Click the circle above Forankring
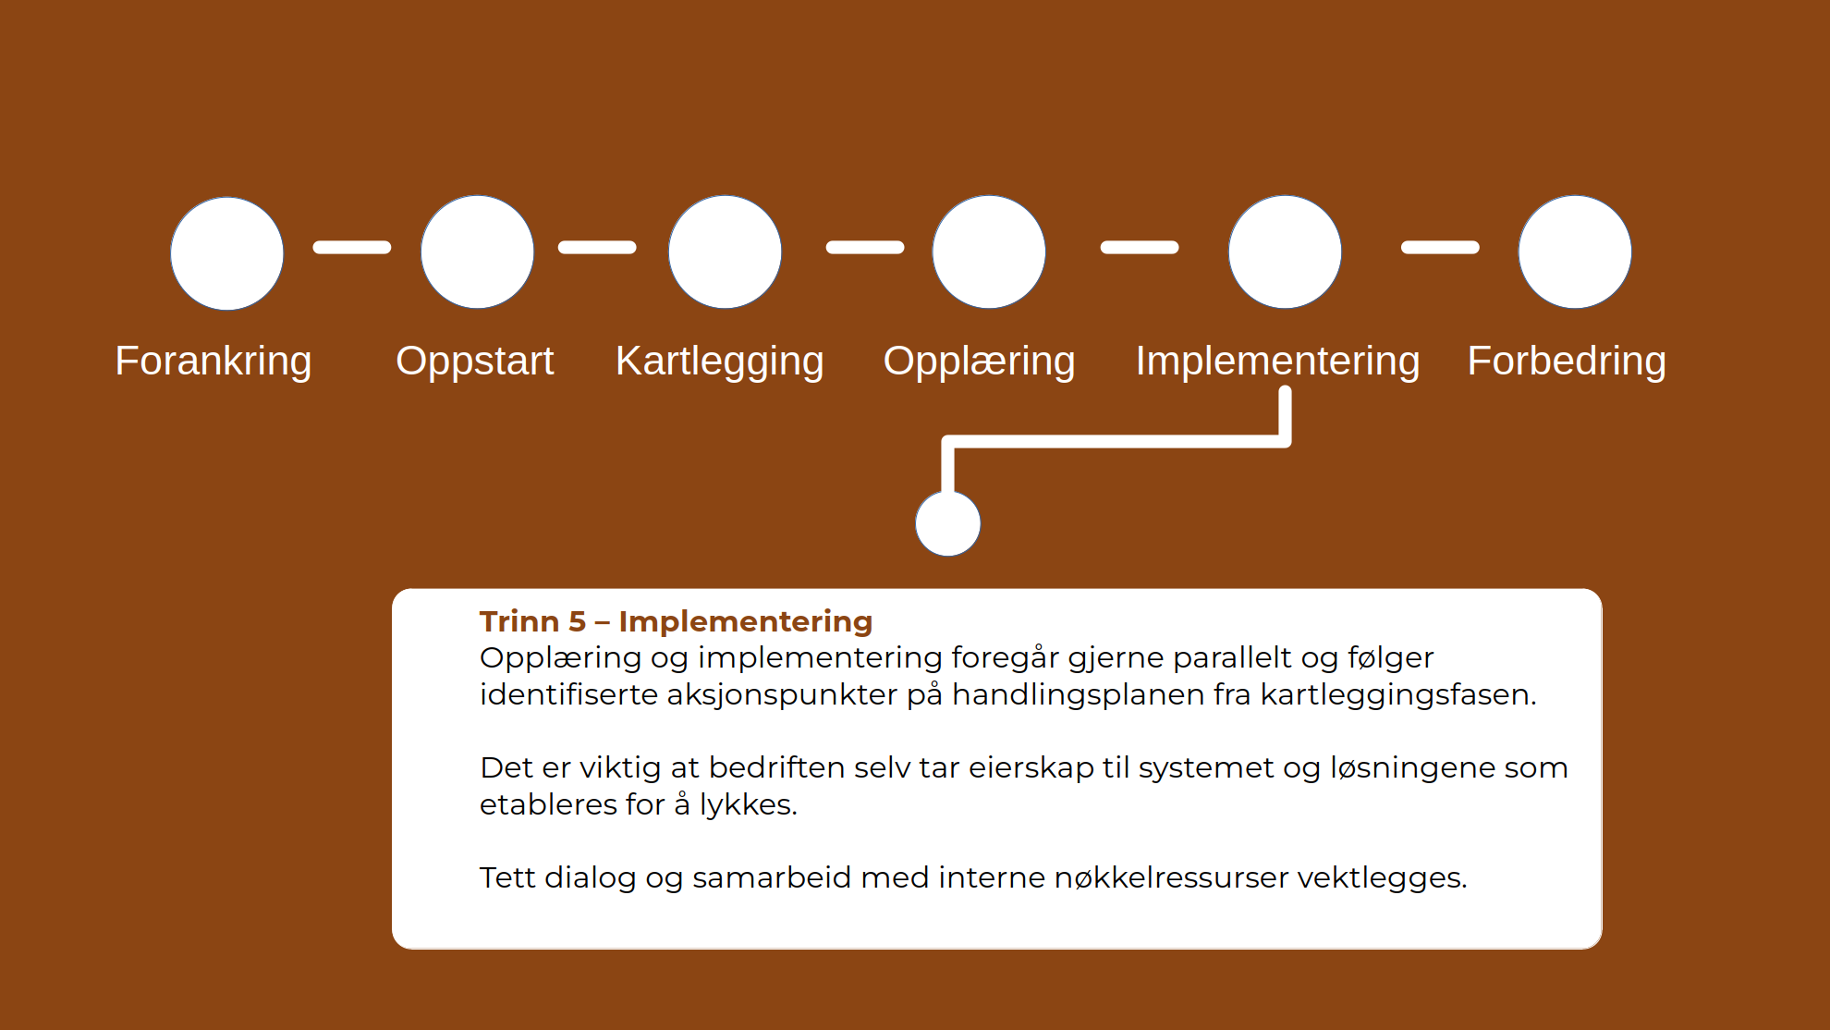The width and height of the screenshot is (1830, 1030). tap(227, 253)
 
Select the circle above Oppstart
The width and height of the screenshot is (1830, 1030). tap(478, 251)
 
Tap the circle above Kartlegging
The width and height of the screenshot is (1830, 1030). tap(726, 251)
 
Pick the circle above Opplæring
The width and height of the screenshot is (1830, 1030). tap(989, 251)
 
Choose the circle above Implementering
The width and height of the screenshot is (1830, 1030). tap(1285, 251)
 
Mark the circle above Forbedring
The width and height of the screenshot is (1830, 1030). tap(1575, 251)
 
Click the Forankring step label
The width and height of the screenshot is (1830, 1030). tap(213, 362)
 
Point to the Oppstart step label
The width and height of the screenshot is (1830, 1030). tap(475, 362)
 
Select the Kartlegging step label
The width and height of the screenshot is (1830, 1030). tap(720, 362)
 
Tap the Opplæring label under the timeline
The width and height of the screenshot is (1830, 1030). tap(980, 362)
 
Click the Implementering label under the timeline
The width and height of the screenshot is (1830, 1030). tap(1277, 362)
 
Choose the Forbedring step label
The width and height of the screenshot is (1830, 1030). tap(1568, 362)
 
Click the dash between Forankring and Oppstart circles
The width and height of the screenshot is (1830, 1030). tap(352, 247)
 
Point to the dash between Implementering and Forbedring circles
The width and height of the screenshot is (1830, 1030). tap(1440, 247)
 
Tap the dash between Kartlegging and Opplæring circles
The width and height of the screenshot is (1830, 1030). tap(865, 247)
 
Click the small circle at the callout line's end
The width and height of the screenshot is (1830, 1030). tap(948, 523)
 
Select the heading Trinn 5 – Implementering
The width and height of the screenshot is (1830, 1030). tap(676, 621)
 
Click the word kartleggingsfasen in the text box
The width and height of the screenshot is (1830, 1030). tap(1398, 694)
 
